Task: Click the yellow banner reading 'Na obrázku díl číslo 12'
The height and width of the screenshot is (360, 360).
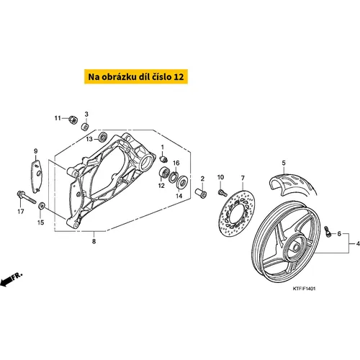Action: pos(136,76)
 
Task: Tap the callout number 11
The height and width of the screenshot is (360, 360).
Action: pos(58,118)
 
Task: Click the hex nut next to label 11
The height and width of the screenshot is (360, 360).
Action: pos(72,119)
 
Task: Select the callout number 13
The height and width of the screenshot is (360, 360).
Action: pos(89,139)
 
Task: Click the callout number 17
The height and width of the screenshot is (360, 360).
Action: pos(21,212)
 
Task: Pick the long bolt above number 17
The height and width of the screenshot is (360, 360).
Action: pos(26,197)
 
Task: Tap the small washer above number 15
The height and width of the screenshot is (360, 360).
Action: pos(42,206)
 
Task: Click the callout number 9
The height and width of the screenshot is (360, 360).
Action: pos(36,151)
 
